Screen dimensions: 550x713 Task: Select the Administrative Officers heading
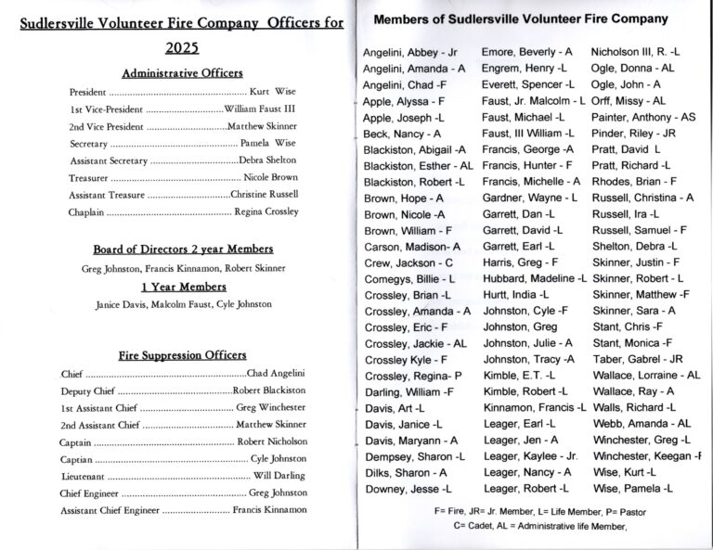[x=182, y=73]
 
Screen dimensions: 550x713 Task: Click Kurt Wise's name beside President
[x=274, y=94]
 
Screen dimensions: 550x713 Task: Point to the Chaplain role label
[x=86, y=212]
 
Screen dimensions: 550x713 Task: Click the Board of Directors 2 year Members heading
[x=183, y=249]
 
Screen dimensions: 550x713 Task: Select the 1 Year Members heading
[x=182, y=287]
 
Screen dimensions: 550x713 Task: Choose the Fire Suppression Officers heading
[x=182, y=355]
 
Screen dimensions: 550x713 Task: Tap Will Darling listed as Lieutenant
[x=279, y=476]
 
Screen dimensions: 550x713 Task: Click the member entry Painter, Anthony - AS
[x=643, y=118]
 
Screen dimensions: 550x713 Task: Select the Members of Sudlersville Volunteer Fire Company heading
[x=519, y=19]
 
